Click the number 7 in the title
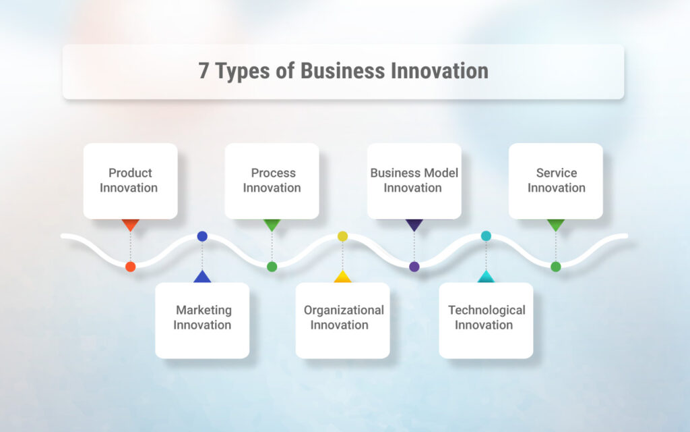pos(203,71)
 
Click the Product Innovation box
pos(130,180)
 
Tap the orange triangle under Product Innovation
pos(130,224)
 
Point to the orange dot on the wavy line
pos(131,267)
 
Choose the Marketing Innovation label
pos(202,317)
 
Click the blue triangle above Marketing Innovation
pos(202,277)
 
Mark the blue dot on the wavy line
pos(202,236)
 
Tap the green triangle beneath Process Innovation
pos(272,224)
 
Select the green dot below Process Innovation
pos(272,267)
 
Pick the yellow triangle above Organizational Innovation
pos(342,277)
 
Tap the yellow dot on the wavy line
pos(342,236)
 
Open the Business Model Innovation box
pos(414,180)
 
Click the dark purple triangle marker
pos(414,224)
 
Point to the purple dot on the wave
pos(414,267)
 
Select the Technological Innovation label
pos(486,317)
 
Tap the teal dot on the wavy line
pos(486,236)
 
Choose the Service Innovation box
pos(556,180)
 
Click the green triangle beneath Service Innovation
pos(556,224)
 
